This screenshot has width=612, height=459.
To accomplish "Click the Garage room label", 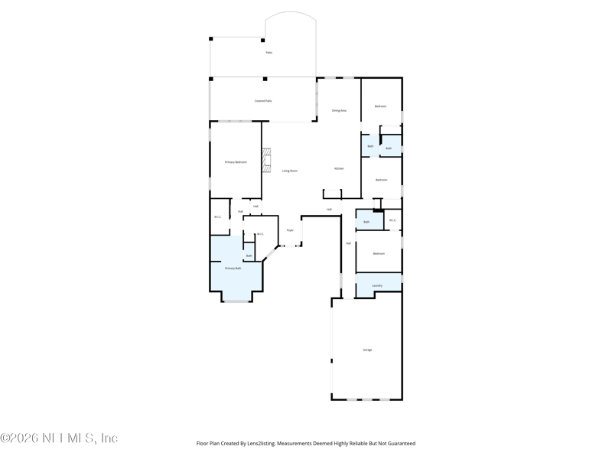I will click(x=367, y=350).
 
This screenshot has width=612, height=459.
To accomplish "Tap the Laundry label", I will click(x=377, y=285).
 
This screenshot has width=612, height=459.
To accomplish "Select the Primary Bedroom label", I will click(x=236, y=162).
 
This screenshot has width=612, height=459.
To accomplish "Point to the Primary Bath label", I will click(x=233, y=269).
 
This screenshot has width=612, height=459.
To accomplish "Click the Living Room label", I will click(x=289, y=171).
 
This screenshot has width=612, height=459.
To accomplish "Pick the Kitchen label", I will click(x=339, y=168).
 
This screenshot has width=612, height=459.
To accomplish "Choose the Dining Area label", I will click(x=339, y=110).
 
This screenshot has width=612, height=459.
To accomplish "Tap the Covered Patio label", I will click(x=263, y=101).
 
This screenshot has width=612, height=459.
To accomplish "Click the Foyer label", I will click(x=290, y=230).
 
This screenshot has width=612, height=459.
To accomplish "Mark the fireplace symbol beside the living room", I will click(x=266, y=160).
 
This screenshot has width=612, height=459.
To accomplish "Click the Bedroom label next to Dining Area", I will click(x=380, y=106).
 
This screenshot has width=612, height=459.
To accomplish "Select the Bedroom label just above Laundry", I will click(x=379, y=253).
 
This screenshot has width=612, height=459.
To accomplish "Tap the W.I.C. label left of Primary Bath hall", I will click(x=217, y=216).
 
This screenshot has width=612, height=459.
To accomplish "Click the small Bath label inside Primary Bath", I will click(x=249, y=256).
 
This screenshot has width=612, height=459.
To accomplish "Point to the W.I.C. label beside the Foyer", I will click(x=260, y=234).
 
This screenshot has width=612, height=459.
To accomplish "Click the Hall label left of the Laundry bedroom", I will click(x=348, y=243).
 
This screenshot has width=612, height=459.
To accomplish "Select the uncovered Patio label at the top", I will click(x=269, y=53).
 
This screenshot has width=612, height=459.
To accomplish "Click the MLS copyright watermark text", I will click(x=59, y=438).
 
